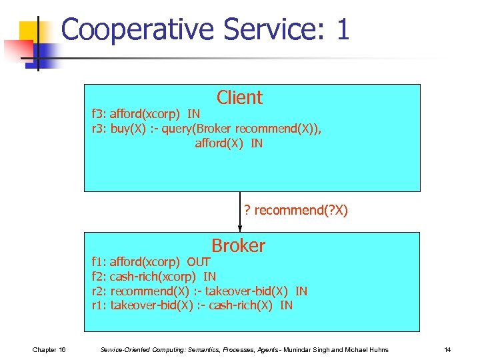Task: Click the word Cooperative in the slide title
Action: tap(139, 30)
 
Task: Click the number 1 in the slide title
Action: tap(343, 30)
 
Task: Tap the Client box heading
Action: tap(239, 98)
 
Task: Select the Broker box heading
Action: tap(238, 246)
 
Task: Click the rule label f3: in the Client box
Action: tap(99, 114)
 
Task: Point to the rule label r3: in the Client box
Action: tap(99, 129)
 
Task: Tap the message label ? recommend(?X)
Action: tap(295, 211)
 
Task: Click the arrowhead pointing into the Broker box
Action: tap(240, 228)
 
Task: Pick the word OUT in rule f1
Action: tap(199, 262)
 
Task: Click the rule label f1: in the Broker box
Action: tap(99, 262)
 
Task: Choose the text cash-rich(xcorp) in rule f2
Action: tap(153, 276)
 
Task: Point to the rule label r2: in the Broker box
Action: tap(99, 291)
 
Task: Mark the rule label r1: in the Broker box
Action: tap(99, 305)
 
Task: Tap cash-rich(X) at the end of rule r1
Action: tap(243, 305)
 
